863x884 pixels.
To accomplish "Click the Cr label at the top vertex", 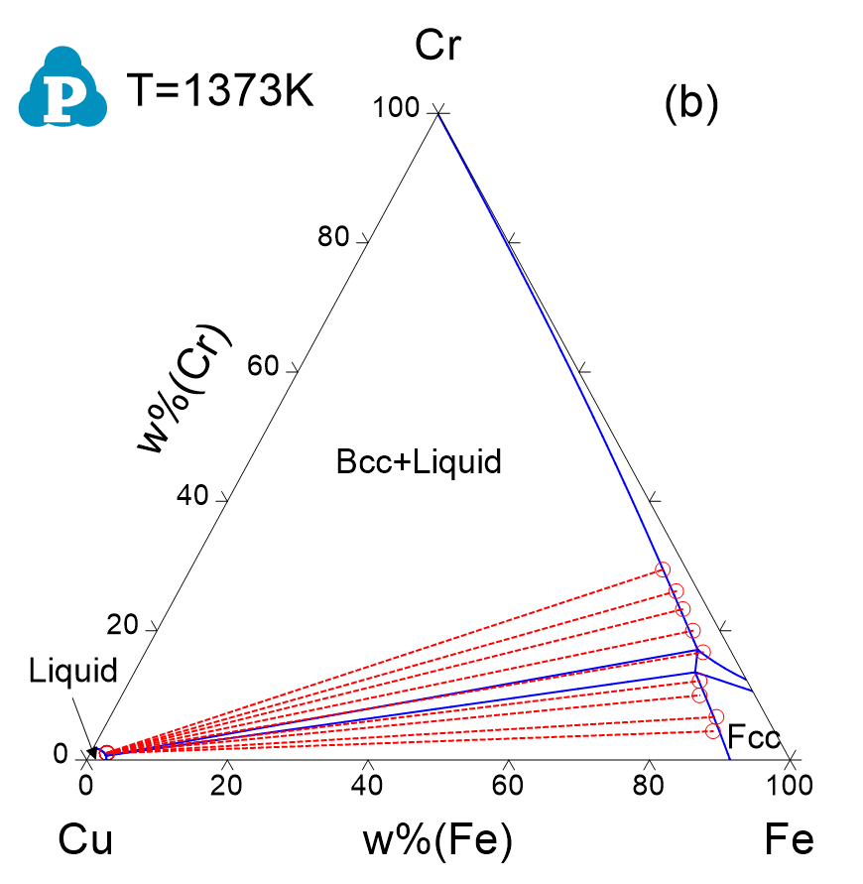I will pyautogui.click(x=438, y=46).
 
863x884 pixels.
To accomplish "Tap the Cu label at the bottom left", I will pyautogui.click(x=85, y=840).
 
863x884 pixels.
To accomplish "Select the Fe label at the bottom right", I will pyautogui.click(x=790, y=840).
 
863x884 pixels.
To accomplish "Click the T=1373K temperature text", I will pyautogui.click(x=220, y=92).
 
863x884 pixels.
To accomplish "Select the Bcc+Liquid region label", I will pyautogui.click(x=419, y=461).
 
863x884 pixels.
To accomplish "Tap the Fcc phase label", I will pyautogui.click(x=754, y=736).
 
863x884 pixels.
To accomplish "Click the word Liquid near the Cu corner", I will pyautogui.click(x=73, y=671).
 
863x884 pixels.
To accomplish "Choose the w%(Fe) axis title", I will pyautogui.click(x=438, y=841).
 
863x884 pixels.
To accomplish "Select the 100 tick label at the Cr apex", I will pyautogui.click(x=397, y=108).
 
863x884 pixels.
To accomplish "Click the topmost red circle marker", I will pyautogui.click(x=663, y=569).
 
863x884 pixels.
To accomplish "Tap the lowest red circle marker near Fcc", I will pyautogui.click(x=712, y=731).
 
